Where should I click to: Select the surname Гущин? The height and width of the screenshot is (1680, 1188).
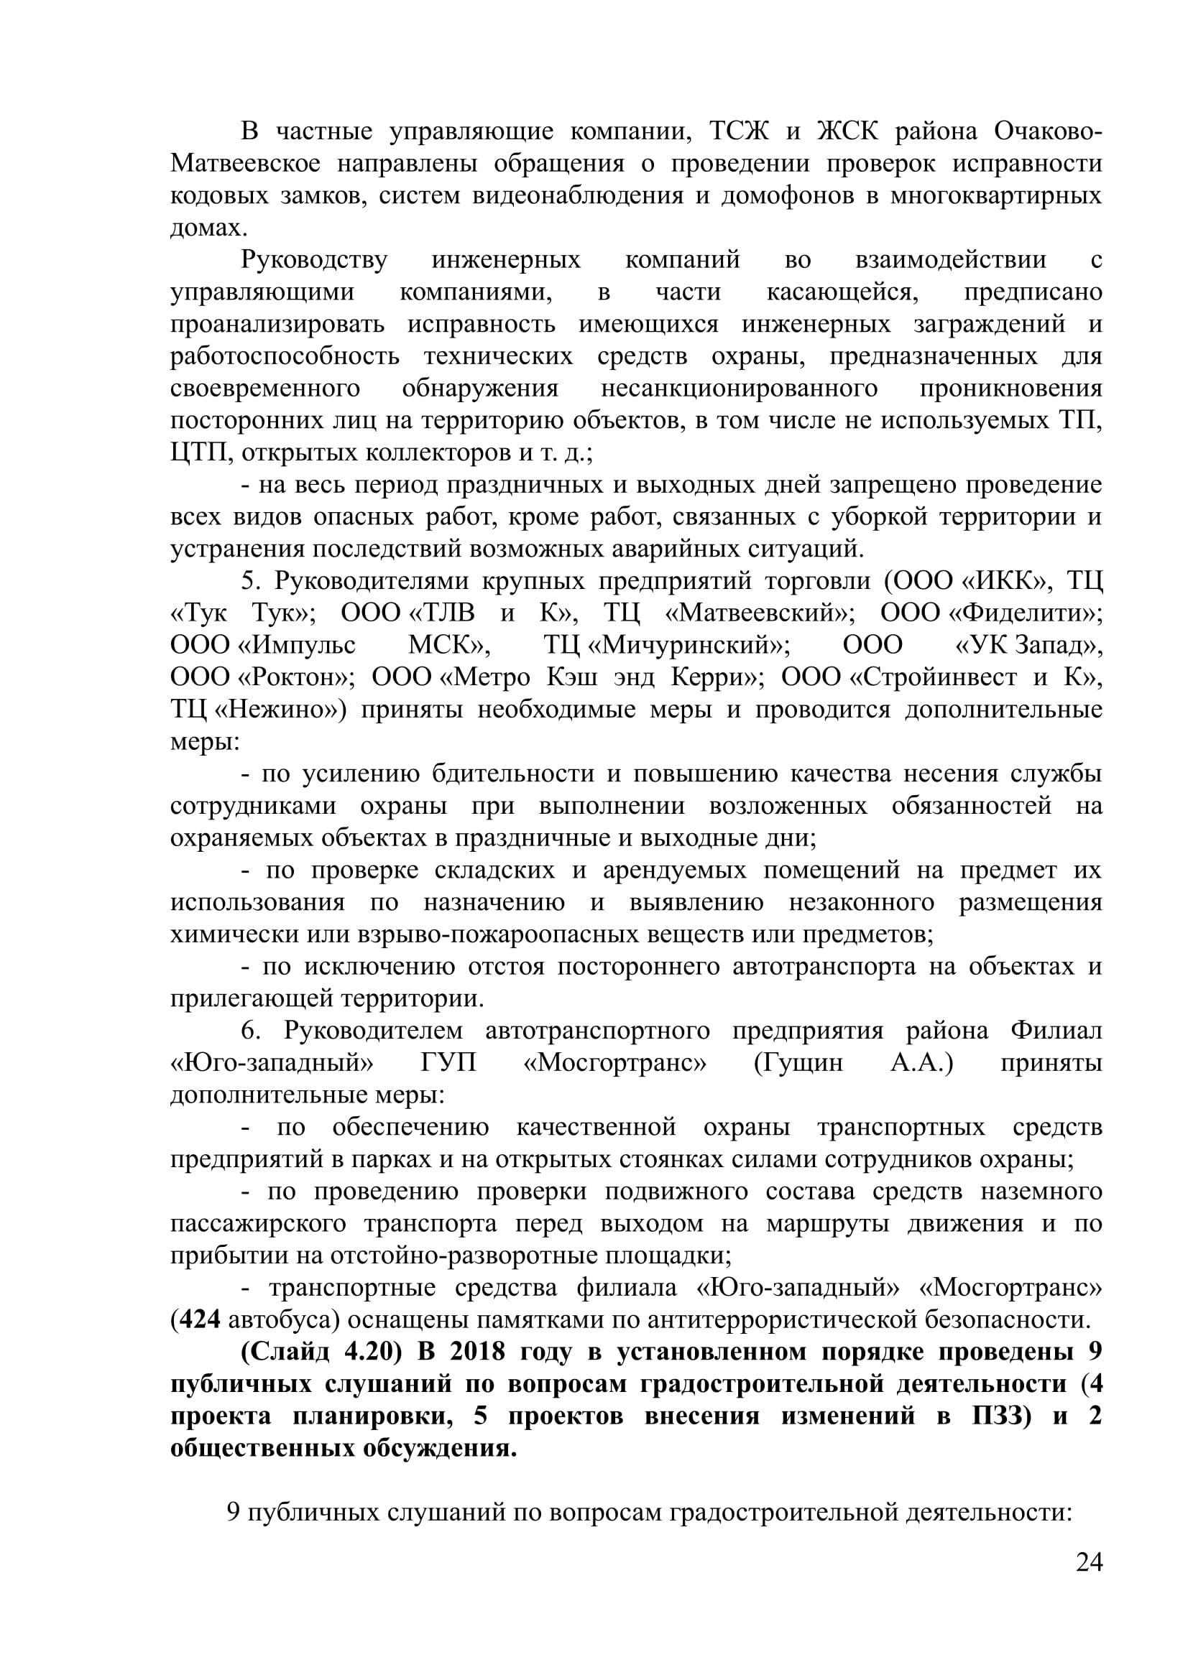click(799, 1062)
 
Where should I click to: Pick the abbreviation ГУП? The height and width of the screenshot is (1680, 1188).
click(448, 1062)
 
